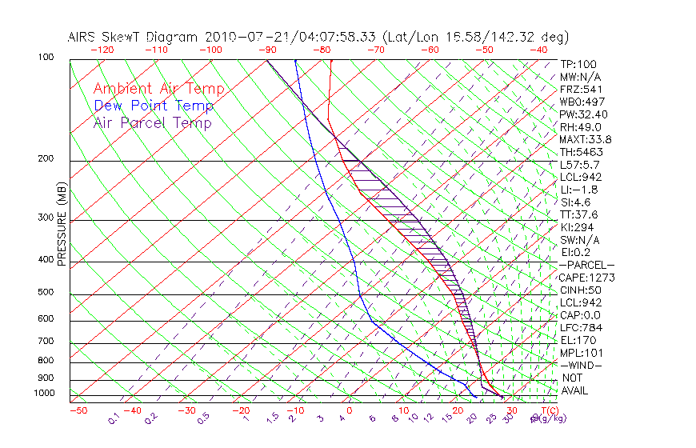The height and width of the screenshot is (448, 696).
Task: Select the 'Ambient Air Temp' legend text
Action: pos(158,89)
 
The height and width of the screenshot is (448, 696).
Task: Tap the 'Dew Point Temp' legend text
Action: pos(154,106)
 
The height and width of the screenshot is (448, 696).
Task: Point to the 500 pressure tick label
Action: pos(45,293)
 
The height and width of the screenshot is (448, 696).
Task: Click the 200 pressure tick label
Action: pos(45,159)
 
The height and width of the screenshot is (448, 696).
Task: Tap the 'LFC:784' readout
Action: pos(581,328)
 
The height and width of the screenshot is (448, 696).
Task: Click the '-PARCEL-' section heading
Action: pos(586,265)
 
